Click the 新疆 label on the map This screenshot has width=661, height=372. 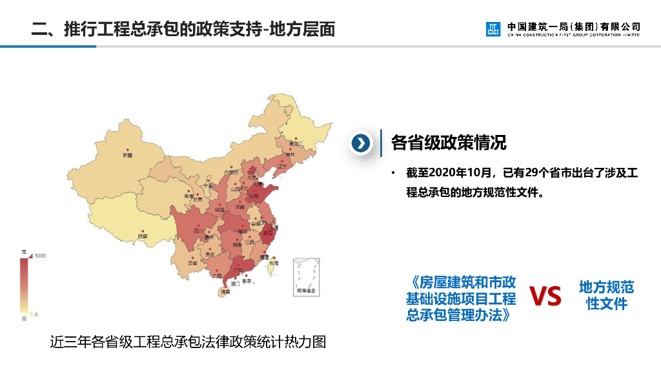tap(127, 156)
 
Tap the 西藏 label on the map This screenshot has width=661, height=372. tap(142, 236)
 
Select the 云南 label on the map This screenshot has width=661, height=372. tap(192, 263)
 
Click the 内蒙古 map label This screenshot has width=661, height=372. tap(230, 172)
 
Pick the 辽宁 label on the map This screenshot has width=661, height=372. tap(281, 166)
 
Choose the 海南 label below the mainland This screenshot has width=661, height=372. tap(225, 292)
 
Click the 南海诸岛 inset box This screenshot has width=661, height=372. tap(307, 276)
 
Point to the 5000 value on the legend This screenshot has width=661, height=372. tap(40, 256)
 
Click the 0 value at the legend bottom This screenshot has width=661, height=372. tap(36, 315)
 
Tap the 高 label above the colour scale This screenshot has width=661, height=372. tap(24, 251)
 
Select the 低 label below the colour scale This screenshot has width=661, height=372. tap(24, 318)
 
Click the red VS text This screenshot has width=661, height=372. tap(545, 296)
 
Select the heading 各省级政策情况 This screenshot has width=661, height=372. tap(449, 143)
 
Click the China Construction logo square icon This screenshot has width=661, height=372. tap(493, 29)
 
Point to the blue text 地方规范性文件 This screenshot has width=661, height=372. tap(606, 295)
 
